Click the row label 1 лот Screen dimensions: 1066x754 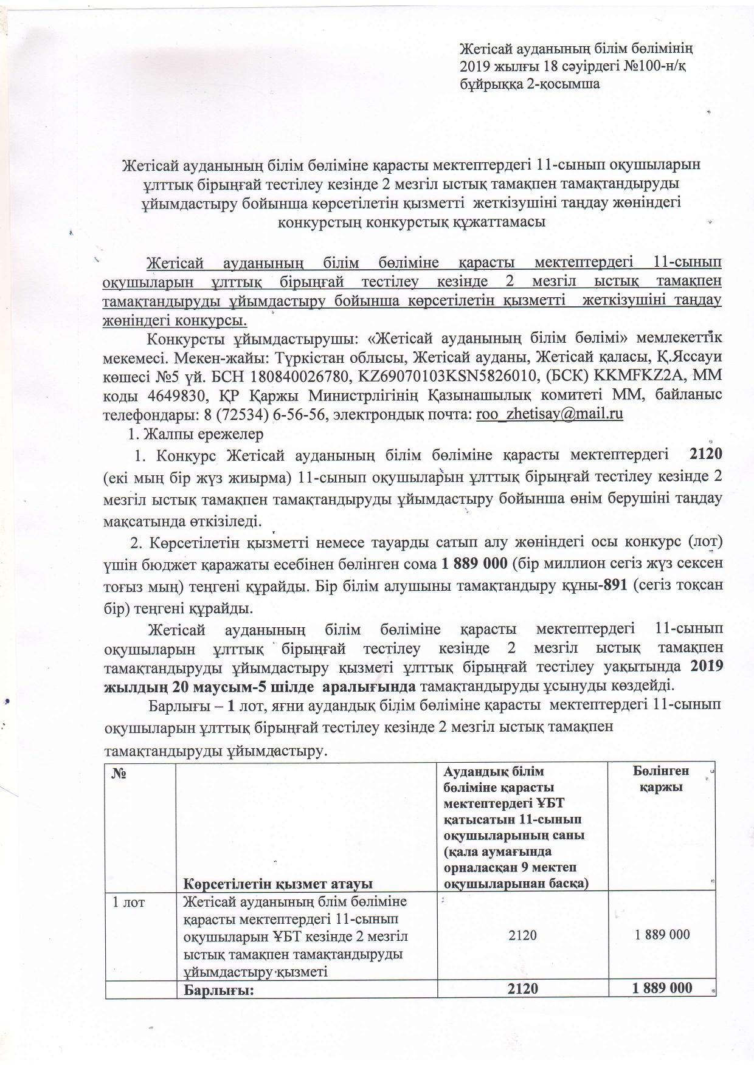click(x=128, y=902)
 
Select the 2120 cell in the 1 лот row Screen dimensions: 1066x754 click(x=522, y=935)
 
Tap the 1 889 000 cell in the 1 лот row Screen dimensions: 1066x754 click(x=662, y=935)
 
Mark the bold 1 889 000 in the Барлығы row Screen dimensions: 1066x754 click(x=662, y=988)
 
